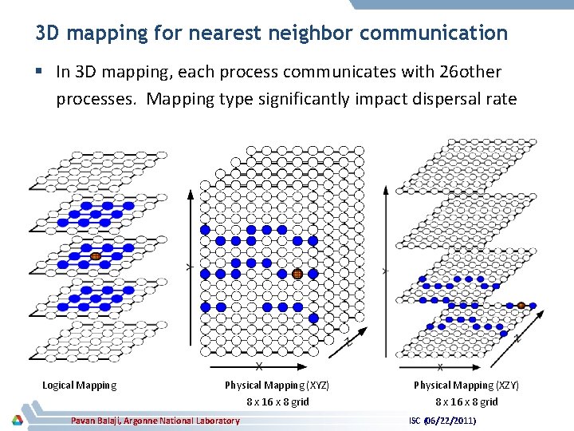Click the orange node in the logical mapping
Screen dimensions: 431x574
pyautogui.click(x=95, y=256)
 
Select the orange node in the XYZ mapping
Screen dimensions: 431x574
pyautogui.click(x=297, y=273)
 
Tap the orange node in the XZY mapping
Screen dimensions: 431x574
pyautogui.click(x=521, y=304)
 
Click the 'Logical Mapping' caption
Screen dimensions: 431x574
pyautogui.click(x=79, y=386)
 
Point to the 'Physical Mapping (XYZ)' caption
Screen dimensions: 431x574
pyautogui.click(x=277, y=386)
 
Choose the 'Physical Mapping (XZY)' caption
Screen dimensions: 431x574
pyautogui.click(x=466, y=386)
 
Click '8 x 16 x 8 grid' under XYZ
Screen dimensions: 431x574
pyautogui.click(x=277, y=401)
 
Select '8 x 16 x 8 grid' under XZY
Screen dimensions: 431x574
pyautogui.click(x=466, y=401)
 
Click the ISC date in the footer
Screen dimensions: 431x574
pyautogui.click(x=442, y=420)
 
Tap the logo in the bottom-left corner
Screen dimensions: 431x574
pyautogui.click(x=16, y=420)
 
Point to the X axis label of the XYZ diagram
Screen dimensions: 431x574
pyautogui.click(x=260, y=366)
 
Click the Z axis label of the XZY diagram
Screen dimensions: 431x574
pyautogui.click(x=517, y=338)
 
